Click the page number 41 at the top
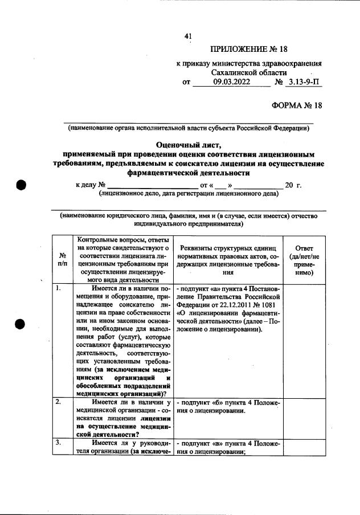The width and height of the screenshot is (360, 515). (x=188, y=37)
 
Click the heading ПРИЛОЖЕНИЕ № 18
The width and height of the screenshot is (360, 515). (x=249, y=48)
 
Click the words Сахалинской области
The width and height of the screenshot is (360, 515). (x=248, y=73)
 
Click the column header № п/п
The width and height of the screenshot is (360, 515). (x=62, y=260)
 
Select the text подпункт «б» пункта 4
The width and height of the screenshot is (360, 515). (x=218, y=403)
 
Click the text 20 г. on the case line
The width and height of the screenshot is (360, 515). (x=293, y=186)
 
